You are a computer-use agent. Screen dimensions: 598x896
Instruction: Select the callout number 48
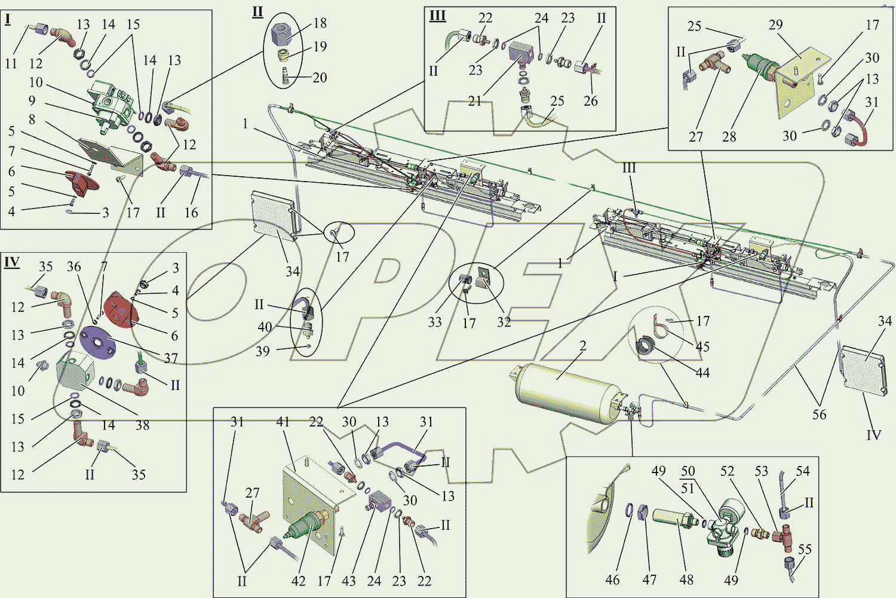[686, 579]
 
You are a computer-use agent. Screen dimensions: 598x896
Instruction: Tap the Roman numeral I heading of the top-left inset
[8, 19]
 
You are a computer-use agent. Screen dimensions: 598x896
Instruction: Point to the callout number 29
[775, 25]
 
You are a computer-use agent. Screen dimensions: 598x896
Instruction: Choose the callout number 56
[819, 415]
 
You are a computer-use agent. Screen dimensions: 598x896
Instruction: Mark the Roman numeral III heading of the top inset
[438, 16]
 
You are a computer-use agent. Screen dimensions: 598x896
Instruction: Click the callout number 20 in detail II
[320, 78]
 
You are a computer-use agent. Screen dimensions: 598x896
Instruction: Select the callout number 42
[298, 581]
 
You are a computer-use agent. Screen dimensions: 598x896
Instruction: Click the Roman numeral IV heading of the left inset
[12, 262]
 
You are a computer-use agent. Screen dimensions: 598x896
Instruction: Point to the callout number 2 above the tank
[583, 346]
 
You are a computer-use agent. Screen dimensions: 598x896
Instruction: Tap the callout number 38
[142, 425]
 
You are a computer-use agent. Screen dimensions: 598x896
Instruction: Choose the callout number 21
[475, 101]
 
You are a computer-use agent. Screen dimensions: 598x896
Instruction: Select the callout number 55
[805, 549]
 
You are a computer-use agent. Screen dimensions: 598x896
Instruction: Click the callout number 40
[265, 327]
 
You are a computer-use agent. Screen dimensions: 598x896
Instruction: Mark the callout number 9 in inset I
[32, 101]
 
